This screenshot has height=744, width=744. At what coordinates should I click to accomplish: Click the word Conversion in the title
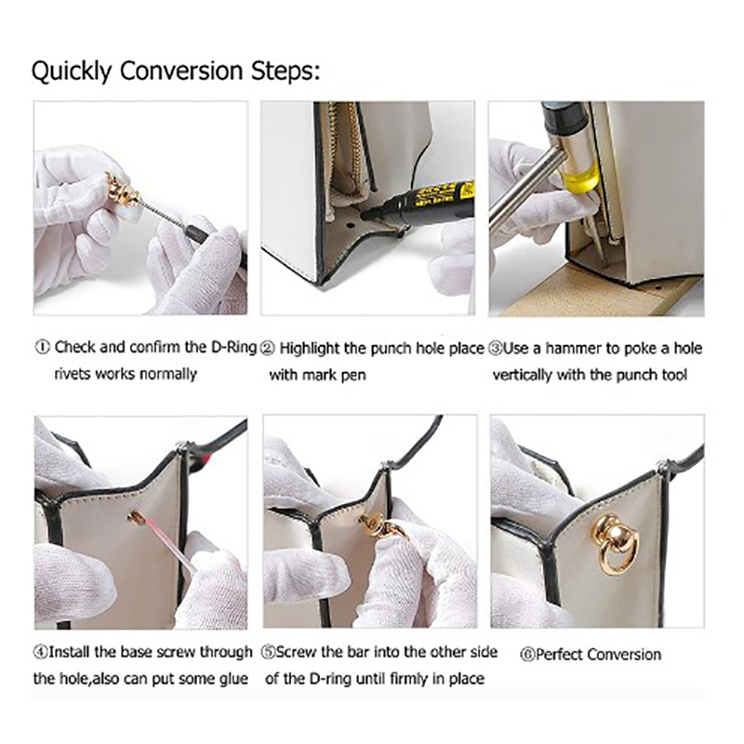(x=180, y=72)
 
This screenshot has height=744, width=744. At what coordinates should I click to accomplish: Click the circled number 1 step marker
(x=42, y=347)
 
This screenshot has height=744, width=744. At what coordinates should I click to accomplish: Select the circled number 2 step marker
(x=268, y=349)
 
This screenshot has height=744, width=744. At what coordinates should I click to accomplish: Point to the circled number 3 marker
(x=496, y=349)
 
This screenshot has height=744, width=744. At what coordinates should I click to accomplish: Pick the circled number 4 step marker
(x=40, y=653)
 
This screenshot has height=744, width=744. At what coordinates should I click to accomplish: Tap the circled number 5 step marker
(x=268, y=653)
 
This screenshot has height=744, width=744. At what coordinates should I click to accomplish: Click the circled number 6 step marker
(x=526, y=656)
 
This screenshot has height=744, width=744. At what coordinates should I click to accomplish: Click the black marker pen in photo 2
(x=418, y=202)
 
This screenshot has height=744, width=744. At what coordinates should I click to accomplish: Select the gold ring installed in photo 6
(x=616, y=545)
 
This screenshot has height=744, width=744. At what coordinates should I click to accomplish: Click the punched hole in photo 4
(x=137, y=518)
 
